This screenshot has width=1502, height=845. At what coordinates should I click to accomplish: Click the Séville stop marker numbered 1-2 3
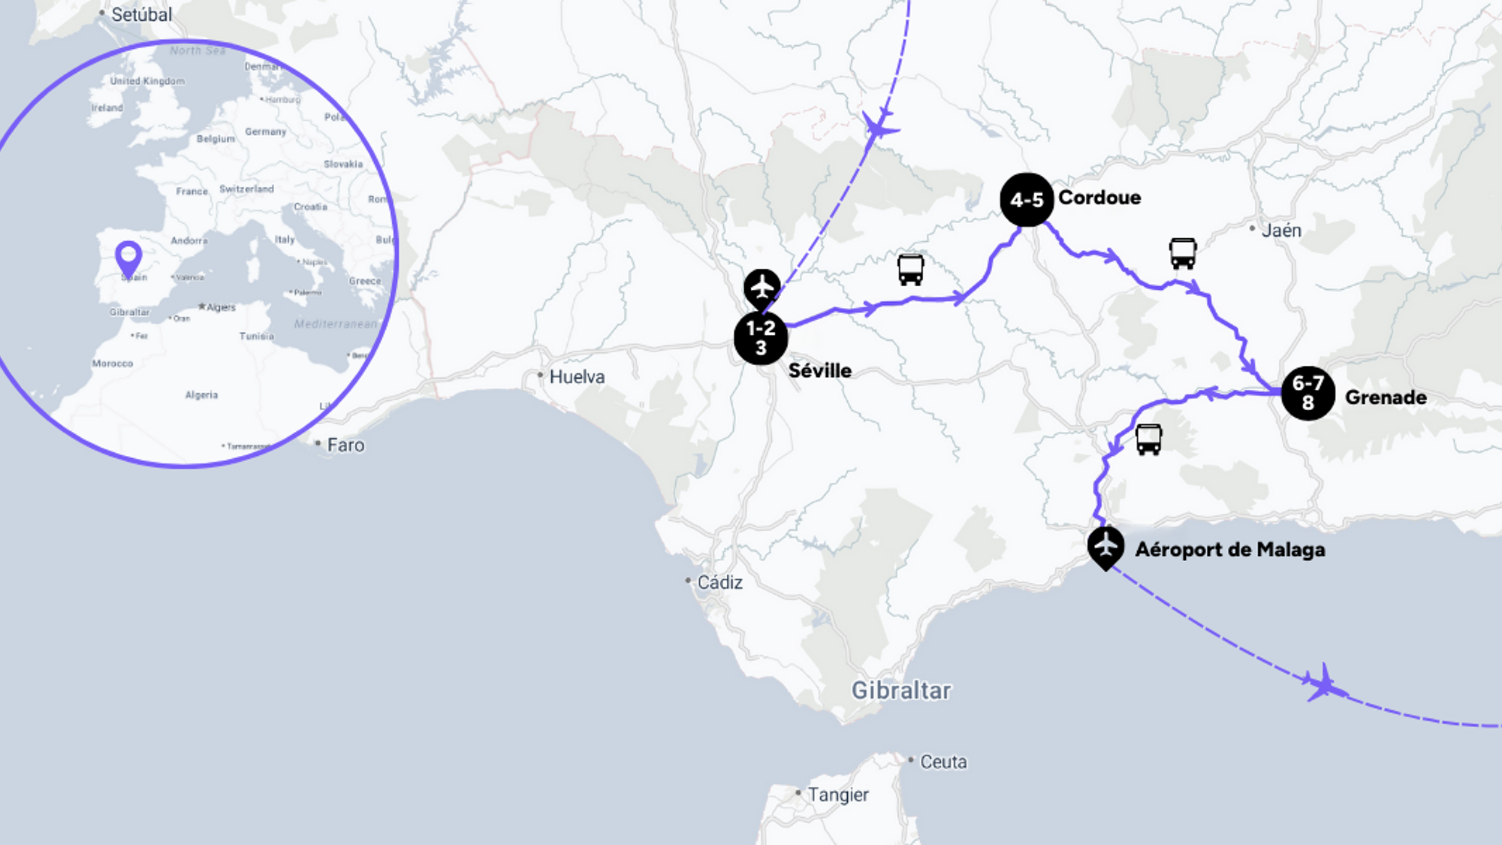coord(761,338)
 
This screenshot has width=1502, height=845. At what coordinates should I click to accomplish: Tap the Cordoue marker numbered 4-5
coord(1027,200)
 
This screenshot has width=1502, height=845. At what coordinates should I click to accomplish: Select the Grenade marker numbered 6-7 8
coord(1307,393)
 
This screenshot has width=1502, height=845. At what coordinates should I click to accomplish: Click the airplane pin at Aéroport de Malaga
coord(1105,546)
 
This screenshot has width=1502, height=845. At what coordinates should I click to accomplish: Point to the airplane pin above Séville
coord(762,288)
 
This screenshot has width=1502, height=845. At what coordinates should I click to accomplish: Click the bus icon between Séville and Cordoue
coord(910,270)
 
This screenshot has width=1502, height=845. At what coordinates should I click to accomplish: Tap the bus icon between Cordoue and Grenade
coord(1182,253)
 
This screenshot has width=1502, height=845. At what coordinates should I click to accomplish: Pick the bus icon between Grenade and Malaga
coord(1148,439)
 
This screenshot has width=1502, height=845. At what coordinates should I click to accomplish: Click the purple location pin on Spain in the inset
coord(128,258)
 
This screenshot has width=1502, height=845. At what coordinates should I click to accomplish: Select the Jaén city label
coord(1281,231)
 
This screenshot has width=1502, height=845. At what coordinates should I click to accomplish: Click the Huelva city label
coord(577,376)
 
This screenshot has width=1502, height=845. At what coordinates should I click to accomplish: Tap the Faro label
coord(345,445)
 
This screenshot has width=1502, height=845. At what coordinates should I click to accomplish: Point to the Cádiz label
coord(719,582)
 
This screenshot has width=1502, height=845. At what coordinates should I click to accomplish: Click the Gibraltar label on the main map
coord(900,690)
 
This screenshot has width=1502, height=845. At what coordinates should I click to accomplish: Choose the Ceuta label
coord(943,762)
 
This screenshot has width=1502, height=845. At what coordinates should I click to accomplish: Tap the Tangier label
coord(837,795)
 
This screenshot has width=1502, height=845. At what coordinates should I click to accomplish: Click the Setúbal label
coord(141,14)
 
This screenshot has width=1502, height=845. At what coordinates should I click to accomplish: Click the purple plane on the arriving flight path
coord(879,125)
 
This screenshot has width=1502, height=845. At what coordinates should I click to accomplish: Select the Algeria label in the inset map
coord(201,395)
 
